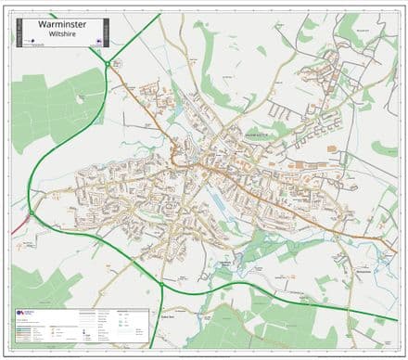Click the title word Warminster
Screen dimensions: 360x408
point(61,26)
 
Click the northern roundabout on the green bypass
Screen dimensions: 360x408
point(108,63)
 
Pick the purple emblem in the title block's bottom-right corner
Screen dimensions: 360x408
point(98,41)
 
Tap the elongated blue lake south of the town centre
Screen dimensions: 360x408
point(218,199)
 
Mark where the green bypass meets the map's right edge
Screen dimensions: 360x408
point(397,320)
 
